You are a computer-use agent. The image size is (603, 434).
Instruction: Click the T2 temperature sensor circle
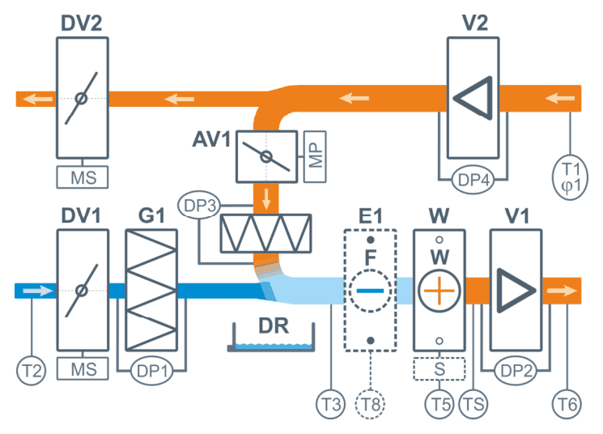click(32, 371)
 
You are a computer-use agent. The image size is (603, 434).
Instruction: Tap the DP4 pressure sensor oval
click(473, 180)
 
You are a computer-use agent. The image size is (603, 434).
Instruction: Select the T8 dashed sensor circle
click(370, 404)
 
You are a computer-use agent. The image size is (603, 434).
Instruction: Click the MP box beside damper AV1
click(315, 156)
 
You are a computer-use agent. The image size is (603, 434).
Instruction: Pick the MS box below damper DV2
click(83, 177)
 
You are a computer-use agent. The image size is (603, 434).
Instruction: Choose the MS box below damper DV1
click(83, 368)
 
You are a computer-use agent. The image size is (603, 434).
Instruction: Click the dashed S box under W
click(440, 368)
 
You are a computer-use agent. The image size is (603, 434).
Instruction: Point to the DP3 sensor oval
click(199, 205)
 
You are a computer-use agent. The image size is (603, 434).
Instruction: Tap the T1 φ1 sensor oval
click(570, 177)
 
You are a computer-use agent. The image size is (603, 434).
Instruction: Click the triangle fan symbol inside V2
click(473, 98)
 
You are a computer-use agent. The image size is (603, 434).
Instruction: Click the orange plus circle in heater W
click(440, 291)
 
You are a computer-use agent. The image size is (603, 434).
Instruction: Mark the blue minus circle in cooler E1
click(370, 291)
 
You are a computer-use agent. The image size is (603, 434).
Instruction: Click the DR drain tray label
click(274, 325)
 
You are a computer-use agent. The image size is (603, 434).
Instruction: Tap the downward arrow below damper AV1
click(266, 199)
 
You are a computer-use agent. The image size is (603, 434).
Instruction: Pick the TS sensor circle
click(473, 404)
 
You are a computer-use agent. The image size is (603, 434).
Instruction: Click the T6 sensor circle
click(567, 404)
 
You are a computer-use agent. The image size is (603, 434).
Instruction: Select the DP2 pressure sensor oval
click(516, 371)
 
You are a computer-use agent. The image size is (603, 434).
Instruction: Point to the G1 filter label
click(151, 215)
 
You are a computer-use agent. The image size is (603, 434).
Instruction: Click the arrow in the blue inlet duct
click(38, 291)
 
